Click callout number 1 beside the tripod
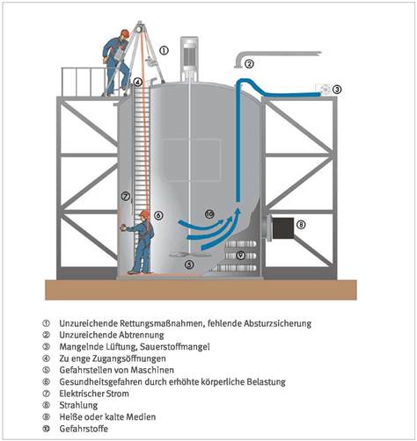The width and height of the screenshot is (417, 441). pyautogui.click(x=165, y=50)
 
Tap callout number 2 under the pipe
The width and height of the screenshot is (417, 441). pyautogui.click(x=249, y=63)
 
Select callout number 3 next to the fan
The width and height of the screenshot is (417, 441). pyautogui.click(x=337, y=89)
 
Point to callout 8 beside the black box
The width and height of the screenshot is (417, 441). pyautogui.click(x=301, y=225)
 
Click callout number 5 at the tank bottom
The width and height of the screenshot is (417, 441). pyautogui.click(x=189, y=264)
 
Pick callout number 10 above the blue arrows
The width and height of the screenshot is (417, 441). pyautogui.click(x=209, y=214)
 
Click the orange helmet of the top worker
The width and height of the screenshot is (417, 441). pyautogui.click(x=125, y=33)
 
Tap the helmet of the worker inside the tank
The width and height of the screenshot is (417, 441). pyautogui.click(x=145, y=214)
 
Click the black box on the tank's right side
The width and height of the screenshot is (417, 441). pyautogui.click(x=283, y=228)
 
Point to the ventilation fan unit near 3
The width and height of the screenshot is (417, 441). pyautogui.click(x=324, y=89)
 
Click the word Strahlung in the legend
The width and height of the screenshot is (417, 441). pyautogui.click(x=78, y=405)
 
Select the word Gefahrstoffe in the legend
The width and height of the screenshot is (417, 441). pyautogui.click(x=84, y=429)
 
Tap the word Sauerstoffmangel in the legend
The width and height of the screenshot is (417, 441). pyautogui.click(x=175, y=347)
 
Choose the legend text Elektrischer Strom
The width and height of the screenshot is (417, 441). pyautogui.click(x=94, y=394)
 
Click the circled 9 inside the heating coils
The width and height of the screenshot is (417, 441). pyautogui.click(x=241, y=256)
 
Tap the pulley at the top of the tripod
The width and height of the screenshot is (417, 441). pyautogui.click(x=139, y=28)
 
